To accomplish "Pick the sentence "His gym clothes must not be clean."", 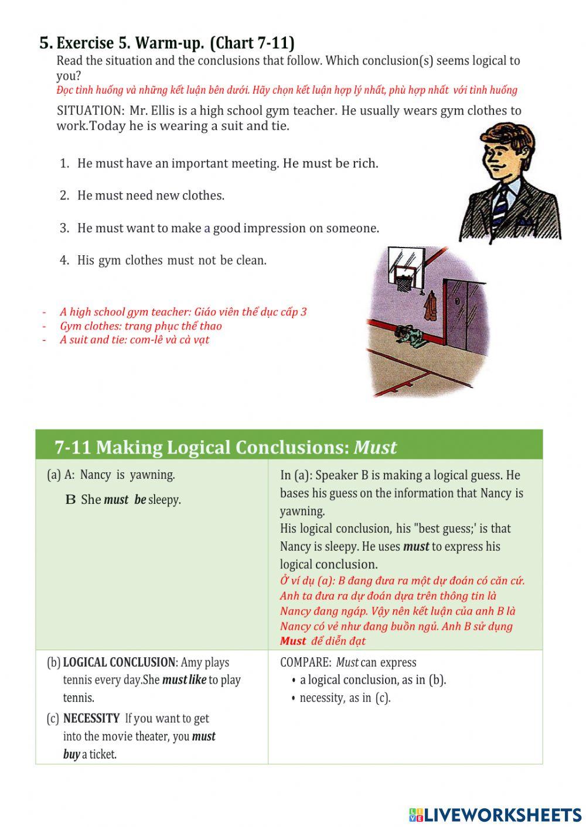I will (x=172, y=260).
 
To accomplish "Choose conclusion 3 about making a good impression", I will (x=228, y=228).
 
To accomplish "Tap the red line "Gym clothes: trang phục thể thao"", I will (x=141, y=326).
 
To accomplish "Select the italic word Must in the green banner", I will (x=375, y=447).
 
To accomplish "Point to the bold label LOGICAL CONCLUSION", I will (x=119, y=663).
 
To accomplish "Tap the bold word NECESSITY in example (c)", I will (x=91, y=719).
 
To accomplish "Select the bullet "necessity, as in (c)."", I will (x=345, y=698).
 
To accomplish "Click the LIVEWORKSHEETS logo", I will (x=495, y=815).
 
